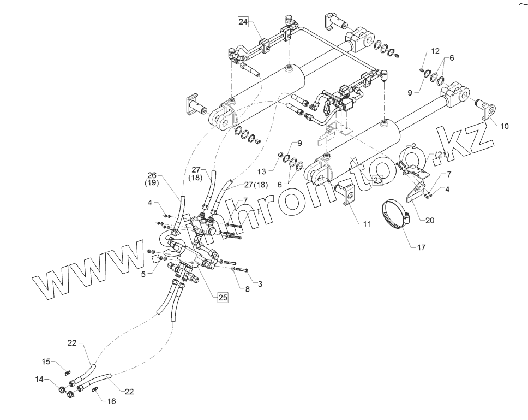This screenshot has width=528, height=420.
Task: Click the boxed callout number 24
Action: (x=243, y=22)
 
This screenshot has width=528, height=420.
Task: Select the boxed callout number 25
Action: (x=223, y=297)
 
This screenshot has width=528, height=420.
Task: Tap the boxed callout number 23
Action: (x=378, y=180)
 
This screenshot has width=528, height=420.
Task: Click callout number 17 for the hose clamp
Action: (x=421, y=247)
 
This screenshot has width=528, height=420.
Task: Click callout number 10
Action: (x=504, y=126)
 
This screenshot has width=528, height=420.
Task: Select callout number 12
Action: (x=435, y=51)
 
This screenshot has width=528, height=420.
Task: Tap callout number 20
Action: (x=430, y=221)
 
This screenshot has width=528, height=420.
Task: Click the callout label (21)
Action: (x=441, y=155)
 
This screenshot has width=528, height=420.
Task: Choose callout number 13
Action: (x=261, y=171)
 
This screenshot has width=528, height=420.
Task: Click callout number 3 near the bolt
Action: (x=260, y=284)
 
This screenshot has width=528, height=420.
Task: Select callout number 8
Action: (x=247, y=289)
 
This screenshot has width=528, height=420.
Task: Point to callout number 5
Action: (x=143, y=275)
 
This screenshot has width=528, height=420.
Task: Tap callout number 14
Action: (x=39, y=379)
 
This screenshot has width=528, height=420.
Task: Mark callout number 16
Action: (x=111, y=401)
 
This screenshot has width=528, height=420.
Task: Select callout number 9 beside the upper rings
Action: (x=410, y=93)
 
